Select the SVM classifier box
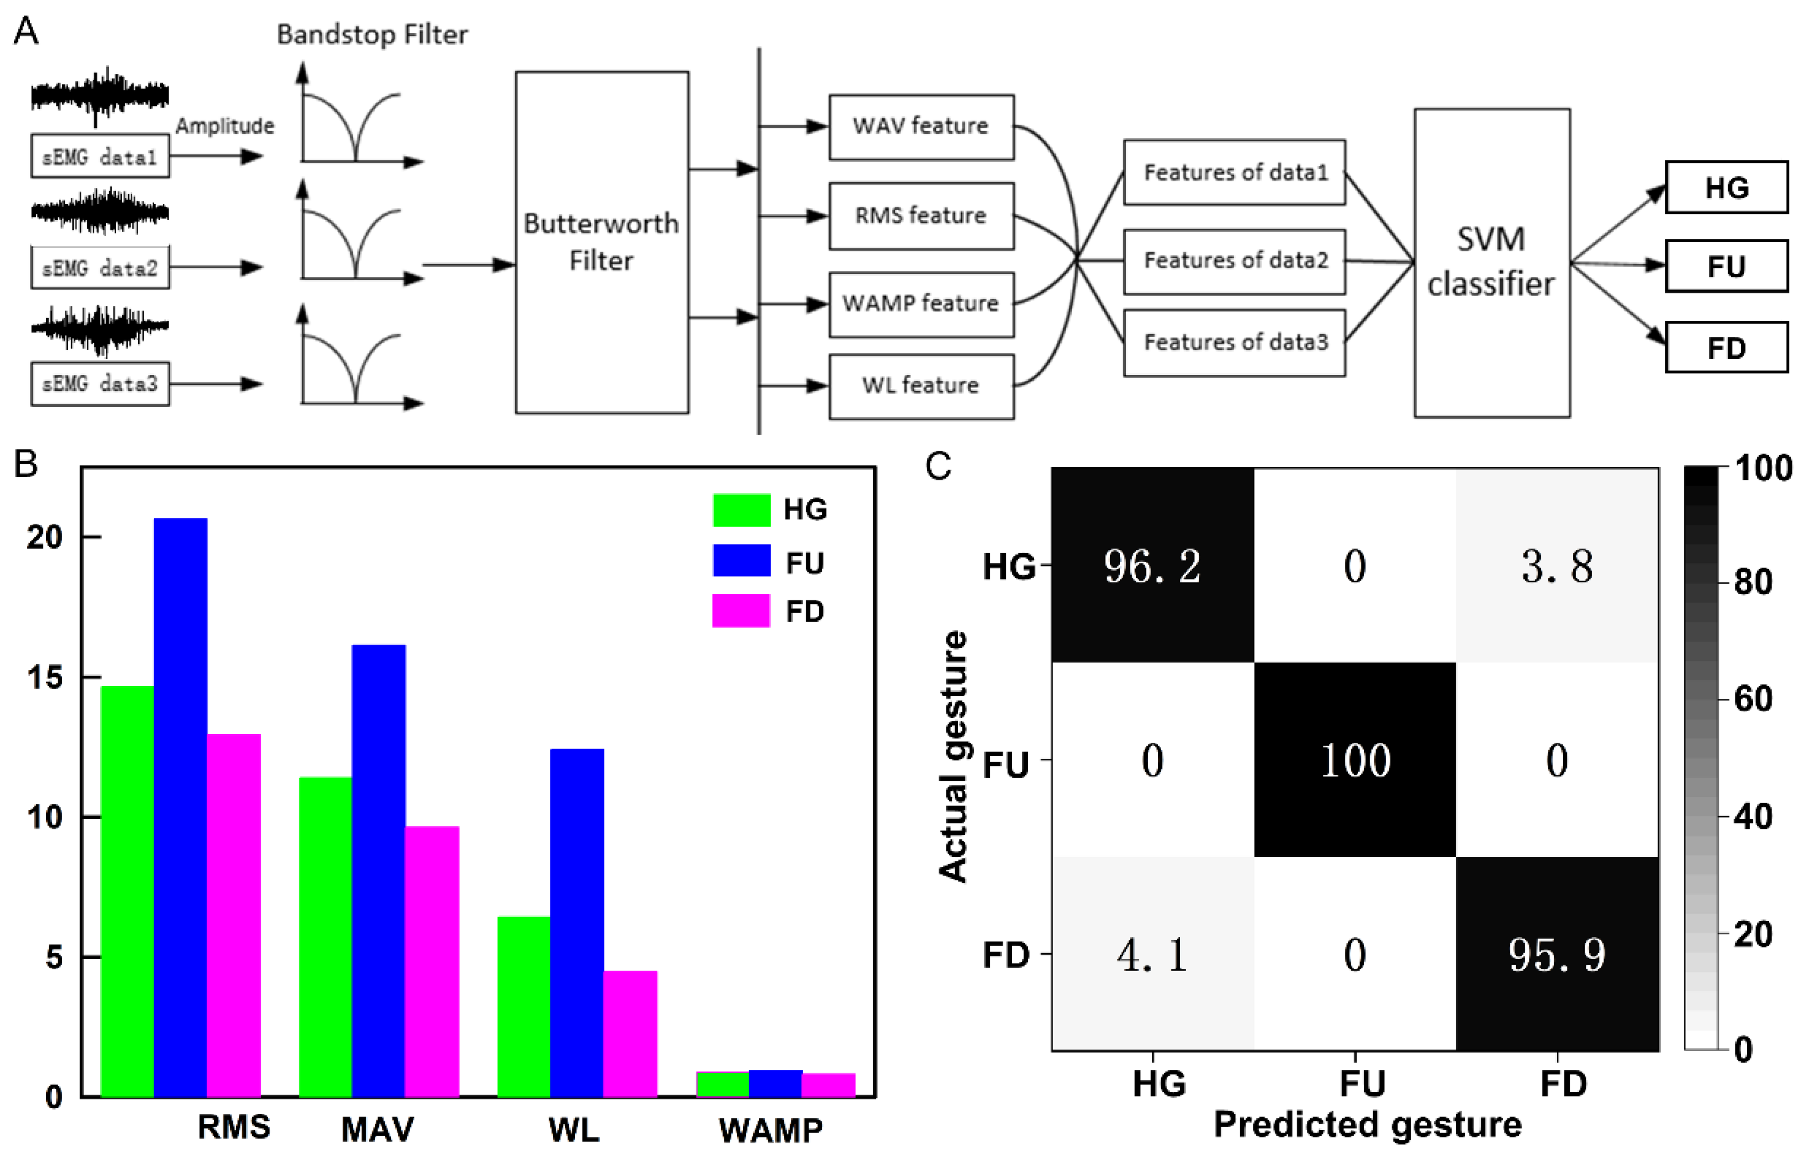[x=1491, y=262]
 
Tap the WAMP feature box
[x=921, y=304]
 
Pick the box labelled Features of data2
[x=1234, y=261]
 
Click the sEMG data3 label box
[x=100, y=383]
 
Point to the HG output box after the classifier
[x=1726, y=187]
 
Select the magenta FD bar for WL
[x=630, y=1034]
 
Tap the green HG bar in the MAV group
[x=325, y=937]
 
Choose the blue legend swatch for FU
[x=741, y=561]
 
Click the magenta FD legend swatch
[x=741, y=610]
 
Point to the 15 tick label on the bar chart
[x=45, y=677]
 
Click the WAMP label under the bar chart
[x=770, y=1129]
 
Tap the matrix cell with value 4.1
[x=1152, y=954]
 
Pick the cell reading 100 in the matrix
[x=1354, y=760]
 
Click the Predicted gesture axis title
[x=1367, y=1125]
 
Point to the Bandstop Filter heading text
[x=372, y=34]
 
